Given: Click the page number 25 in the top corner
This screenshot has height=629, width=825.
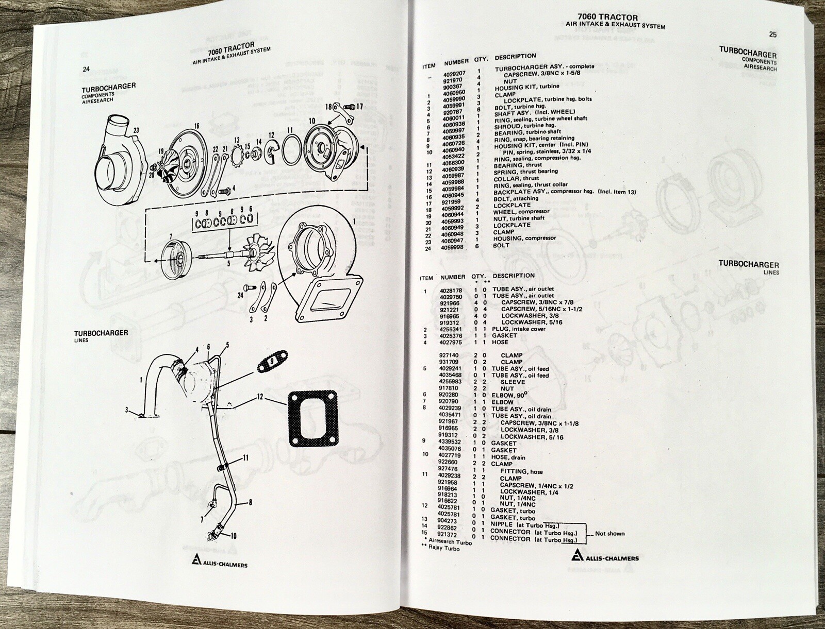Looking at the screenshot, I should click(x=772, y=35).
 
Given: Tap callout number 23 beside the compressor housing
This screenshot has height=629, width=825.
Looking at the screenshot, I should click(x=136, y=130).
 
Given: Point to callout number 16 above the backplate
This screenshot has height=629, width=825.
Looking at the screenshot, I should click(x=196, y=126).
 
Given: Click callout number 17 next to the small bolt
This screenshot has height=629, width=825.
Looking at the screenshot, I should click(x=359, y=107).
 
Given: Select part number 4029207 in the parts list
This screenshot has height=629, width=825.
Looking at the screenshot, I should click(x=454, y=74).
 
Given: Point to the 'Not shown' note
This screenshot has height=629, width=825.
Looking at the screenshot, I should click(x=609, y=533).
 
